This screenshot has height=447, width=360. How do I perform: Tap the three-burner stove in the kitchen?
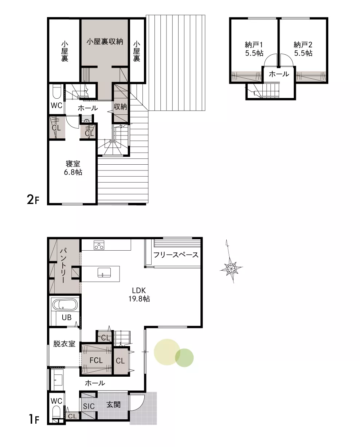point(99,245)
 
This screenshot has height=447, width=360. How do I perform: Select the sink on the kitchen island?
point(104,272)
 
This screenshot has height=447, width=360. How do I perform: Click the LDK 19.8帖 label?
point(139,294)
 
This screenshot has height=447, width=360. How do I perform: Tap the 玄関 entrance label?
point(113,404)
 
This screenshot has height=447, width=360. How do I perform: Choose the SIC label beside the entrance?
point(89,406)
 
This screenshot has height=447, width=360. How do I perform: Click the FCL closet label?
point(96,360)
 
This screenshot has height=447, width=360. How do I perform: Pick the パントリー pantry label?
point(63,265)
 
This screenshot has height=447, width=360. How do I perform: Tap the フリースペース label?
point(176,255)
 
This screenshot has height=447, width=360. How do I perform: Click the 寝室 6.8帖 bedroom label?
point(73,168)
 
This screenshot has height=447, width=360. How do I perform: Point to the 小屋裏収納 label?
point(105,42)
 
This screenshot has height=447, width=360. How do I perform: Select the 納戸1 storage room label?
point(254,49)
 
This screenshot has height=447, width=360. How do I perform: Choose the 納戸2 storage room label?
point(303,49)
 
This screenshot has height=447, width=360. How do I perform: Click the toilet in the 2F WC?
point(57,91)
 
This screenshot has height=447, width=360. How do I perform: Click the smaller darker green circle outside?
point(184,358)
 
